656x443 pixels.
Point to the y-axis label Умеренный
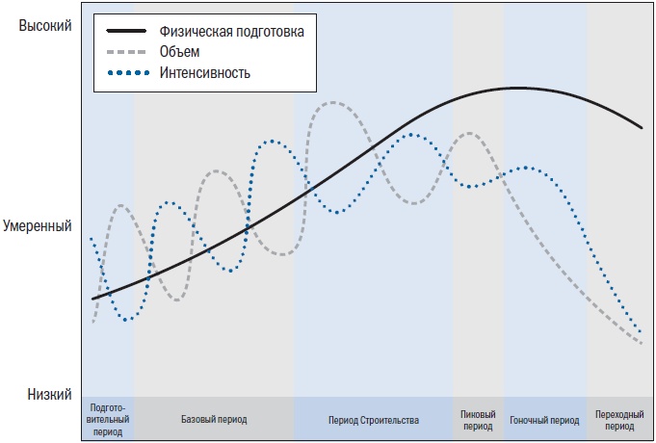39,227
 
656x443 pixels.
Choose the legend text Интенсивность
206,72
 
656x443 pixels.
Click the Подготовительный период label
108,421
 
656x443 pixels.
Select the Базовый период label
214,421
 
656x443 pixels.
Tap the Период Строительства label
373,421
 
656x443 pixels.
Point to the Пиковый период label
478,421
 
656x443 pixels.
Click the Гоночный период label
544,421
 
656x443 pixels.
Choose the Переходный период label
619,421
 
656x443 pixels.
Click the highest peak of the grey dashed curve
332,102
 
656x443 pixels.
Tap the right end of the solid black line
642,127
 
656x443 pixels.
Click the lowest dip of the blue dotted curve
125,319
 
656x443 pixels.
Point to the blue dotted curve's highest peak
412,134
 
